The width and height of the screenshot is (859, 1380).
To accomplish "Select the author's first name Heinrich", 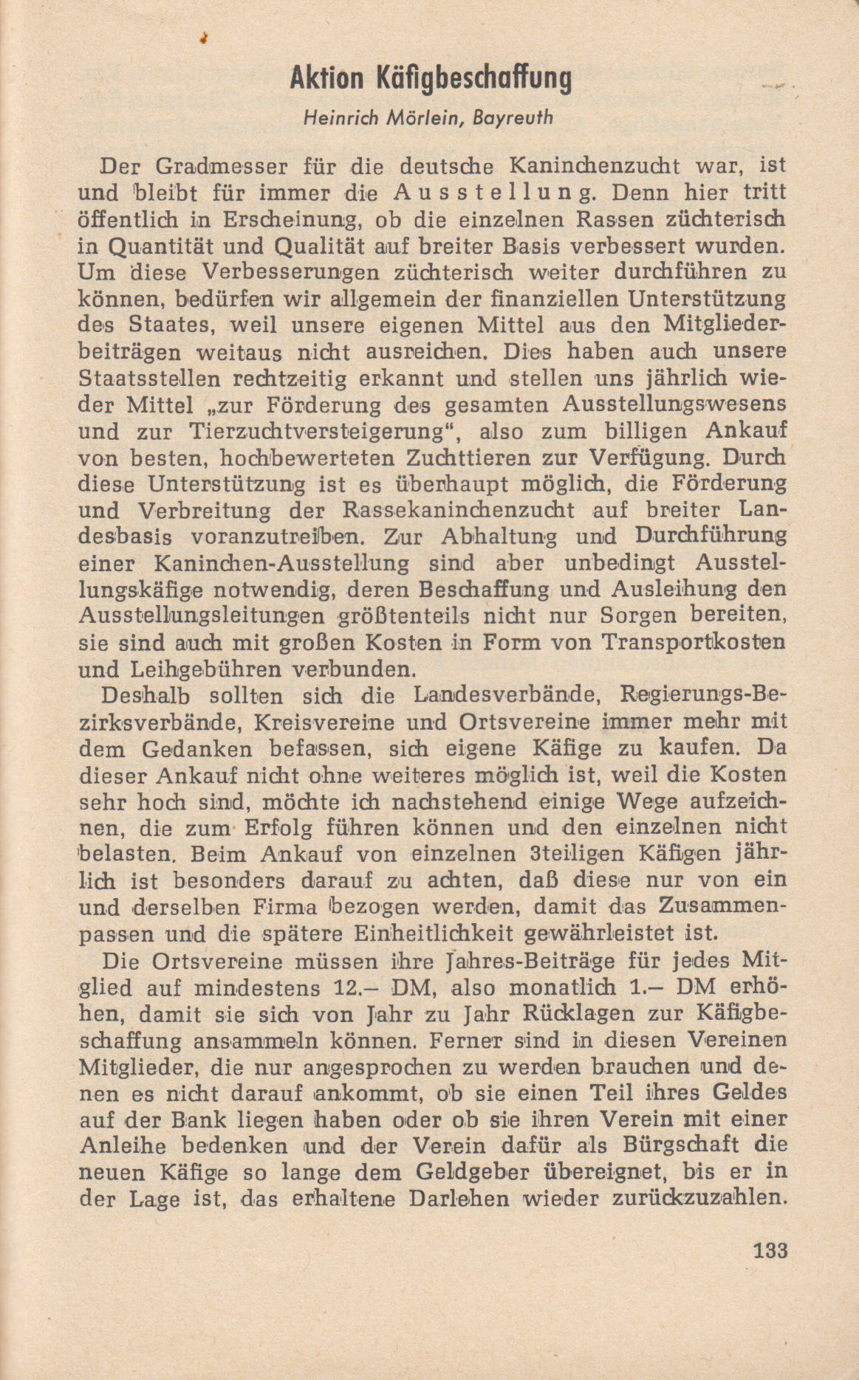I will [341, 118].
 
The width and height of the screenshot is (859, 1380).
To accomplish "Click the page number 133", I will [771, 1251].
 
